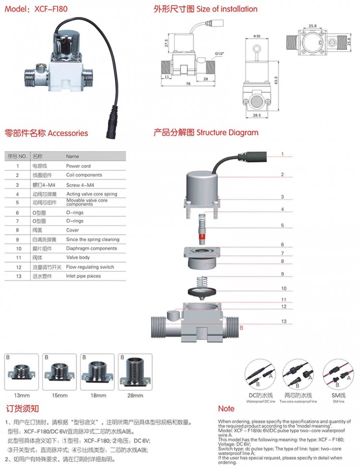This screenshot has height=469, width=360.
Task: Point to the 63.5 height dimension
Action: tap(276, 78)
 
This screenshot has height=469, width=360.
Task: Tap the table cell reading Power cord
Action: tap(78, 165)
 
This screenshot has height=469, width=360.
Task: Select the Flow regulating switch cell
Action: tap(90, 267)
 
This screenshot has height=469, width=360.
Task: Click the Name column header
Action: tap(72, 156)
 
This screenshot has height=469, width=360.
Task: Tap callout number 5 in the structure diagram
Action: tap(283, 225)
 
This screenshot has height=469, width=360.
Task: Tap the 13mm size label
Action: tap(22, 395)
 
